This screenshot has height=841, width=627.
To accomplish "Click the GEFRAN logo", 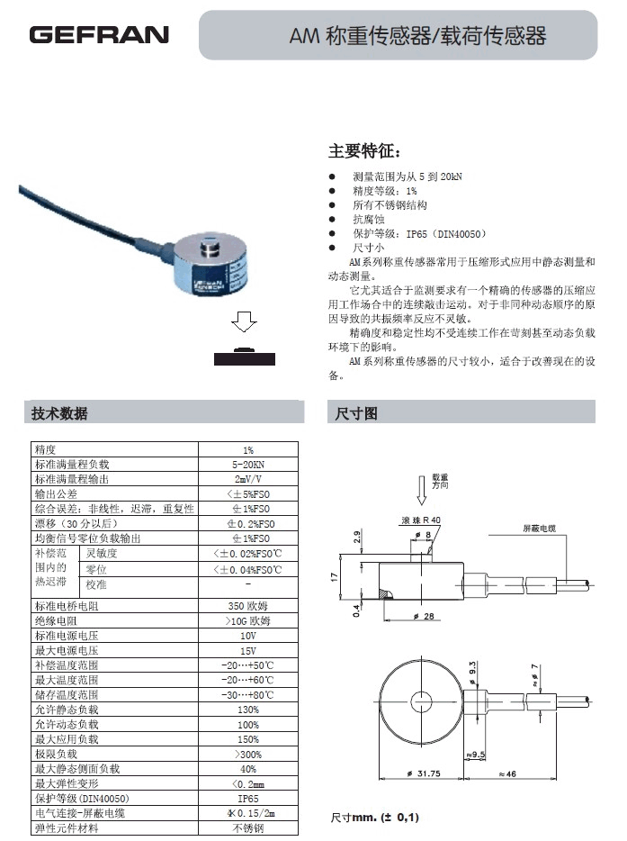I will [x=99, y=35].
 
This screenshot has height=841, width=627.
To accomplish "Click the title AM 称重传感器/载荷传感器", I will [x=417, y=36].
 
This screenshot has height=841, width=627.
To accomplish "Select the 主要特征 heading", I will [x=364, y=150].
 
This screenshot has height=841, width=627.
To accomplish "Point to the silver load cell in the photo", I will [x=210, y=266].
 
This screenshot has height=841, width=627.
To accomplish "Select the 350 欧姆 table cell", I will [x=247, y=606].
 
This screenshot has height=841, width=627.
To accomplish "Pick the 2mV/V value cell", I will [x=247, y=479].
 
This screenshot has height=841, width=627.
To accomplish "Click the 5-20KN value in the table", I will [x=247, y=465].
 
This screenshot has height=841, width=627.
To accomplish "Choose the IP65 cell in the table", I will [x=247, y=798].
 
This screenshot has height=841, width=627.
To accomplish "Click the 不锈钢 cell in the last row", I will [x=247, y=827].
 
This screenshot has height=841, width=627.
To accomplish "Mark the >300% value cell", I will [x=247, y=753].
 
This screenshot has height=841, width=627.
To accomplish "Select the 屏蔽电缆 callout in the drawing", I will [x=539, y=528].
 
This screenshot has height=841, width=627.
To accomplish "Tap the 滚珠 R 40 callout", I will [x=419, y=520].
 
